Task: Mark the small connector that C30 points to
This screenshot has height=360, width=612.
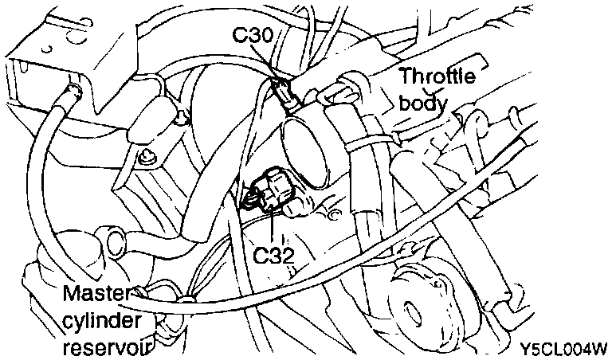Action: pos(288,94)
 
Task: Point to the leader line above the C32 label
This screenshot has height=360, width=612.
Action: pos(273,227)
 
